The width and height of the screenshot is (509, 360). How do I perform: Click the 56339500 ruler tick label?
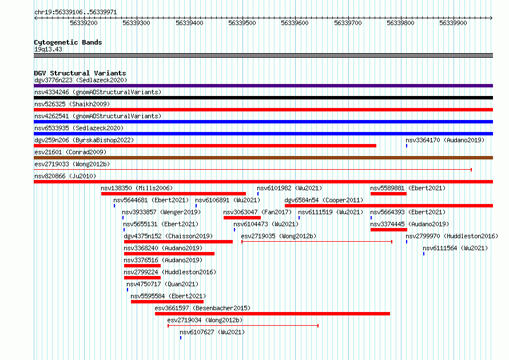pyautogui.click(x=242, y=23)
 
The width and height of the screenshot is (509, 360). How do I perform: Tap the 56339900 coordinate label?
pyautogui.click(x=453, y=23)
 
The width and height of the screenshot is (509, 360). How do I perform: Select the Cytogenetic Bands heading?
pyautogui.click(x=68, y=42)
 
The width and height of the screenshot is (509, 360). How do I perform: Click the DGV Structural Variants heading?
pyautogui.click(x=80, y=73)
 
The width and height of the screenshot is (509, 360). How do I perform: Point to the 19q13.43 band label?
pyautogui.click(x=48, y=49)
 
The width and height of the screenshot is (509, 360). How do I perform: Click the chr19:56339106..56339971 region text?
pyautogui.click(x=75, y=13)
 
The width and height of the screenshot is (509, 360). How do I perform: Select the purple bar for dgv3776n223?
pyautogui.click(x=263, y=86)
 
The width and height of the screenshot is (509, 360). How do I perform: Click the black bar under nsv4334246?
pyautogui.click(x=263, y=98)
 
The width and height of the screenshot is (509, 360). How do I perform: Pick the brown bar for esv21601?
pyautogui.click(x=263, y=158)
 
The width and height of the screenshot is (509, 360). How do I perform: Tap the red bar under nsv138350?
pyautogui.click(x=173, y=194)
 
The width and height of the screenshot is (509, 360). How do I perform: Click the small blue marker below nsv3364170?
pyautogui.click(x=407, y=146)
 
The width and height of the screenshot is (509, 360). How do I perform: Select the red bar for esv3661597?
pyautogui.click(x=272, y=314)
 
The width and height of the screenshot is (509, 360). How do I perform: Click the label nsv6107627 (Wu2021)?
pyautogui.click(x=212, y=332)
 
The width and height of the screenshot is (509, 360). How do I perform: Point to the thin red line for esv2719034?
pyautogui.click(x=243, y=326)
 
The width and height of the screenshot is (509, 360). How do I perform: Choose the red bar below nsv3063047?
pyautogui.click(x=242, y=218)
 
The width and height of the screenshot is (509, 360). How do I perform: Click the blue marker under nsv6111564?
pyautogui.click(x=424, y=254)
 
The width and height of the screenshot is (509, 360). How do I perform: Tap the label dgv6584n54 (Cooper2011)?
pyautogui.click(x=324, y=200)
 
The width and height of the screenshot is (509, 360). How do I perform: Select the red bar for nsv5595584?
pyautogui.click(x=167, y=302)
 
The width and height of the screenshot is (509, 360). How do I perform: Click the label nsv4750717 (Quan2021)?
pyautogui.click(x=162, y=284)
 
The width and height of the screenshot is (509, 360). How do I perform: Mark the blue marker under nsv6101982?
pyautogui.click(x=258, y=194)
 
